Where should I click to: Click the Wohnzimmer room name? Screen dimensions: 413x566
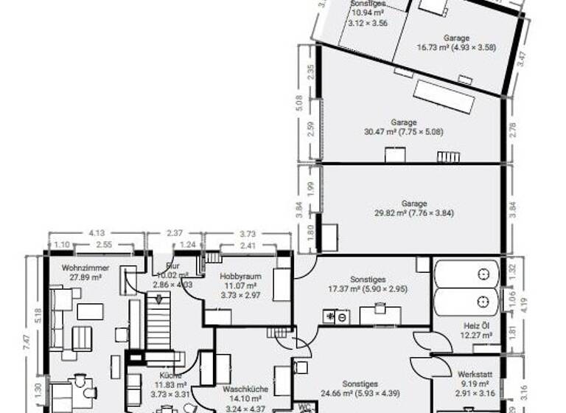click(75, 268)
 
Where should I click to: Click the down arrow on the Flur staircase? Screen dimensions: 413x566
click(156, 299)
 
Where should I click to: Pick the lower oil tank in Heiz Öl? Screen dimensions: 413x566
click(466, 302)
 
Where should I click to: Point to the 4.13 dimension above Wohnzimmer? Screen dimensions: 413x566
click(96, 232)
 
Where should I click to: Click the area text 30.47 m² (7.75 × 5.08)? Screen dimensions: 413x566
click(404, 132)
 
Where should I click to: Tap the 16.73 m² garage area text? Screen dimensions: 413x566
click(457, 47)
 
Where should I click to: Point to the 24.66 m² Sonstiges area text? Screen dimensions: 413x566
click(360, 395)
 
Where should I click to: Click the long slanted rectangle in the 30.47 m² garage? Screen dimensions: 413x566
click(443, 97)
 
